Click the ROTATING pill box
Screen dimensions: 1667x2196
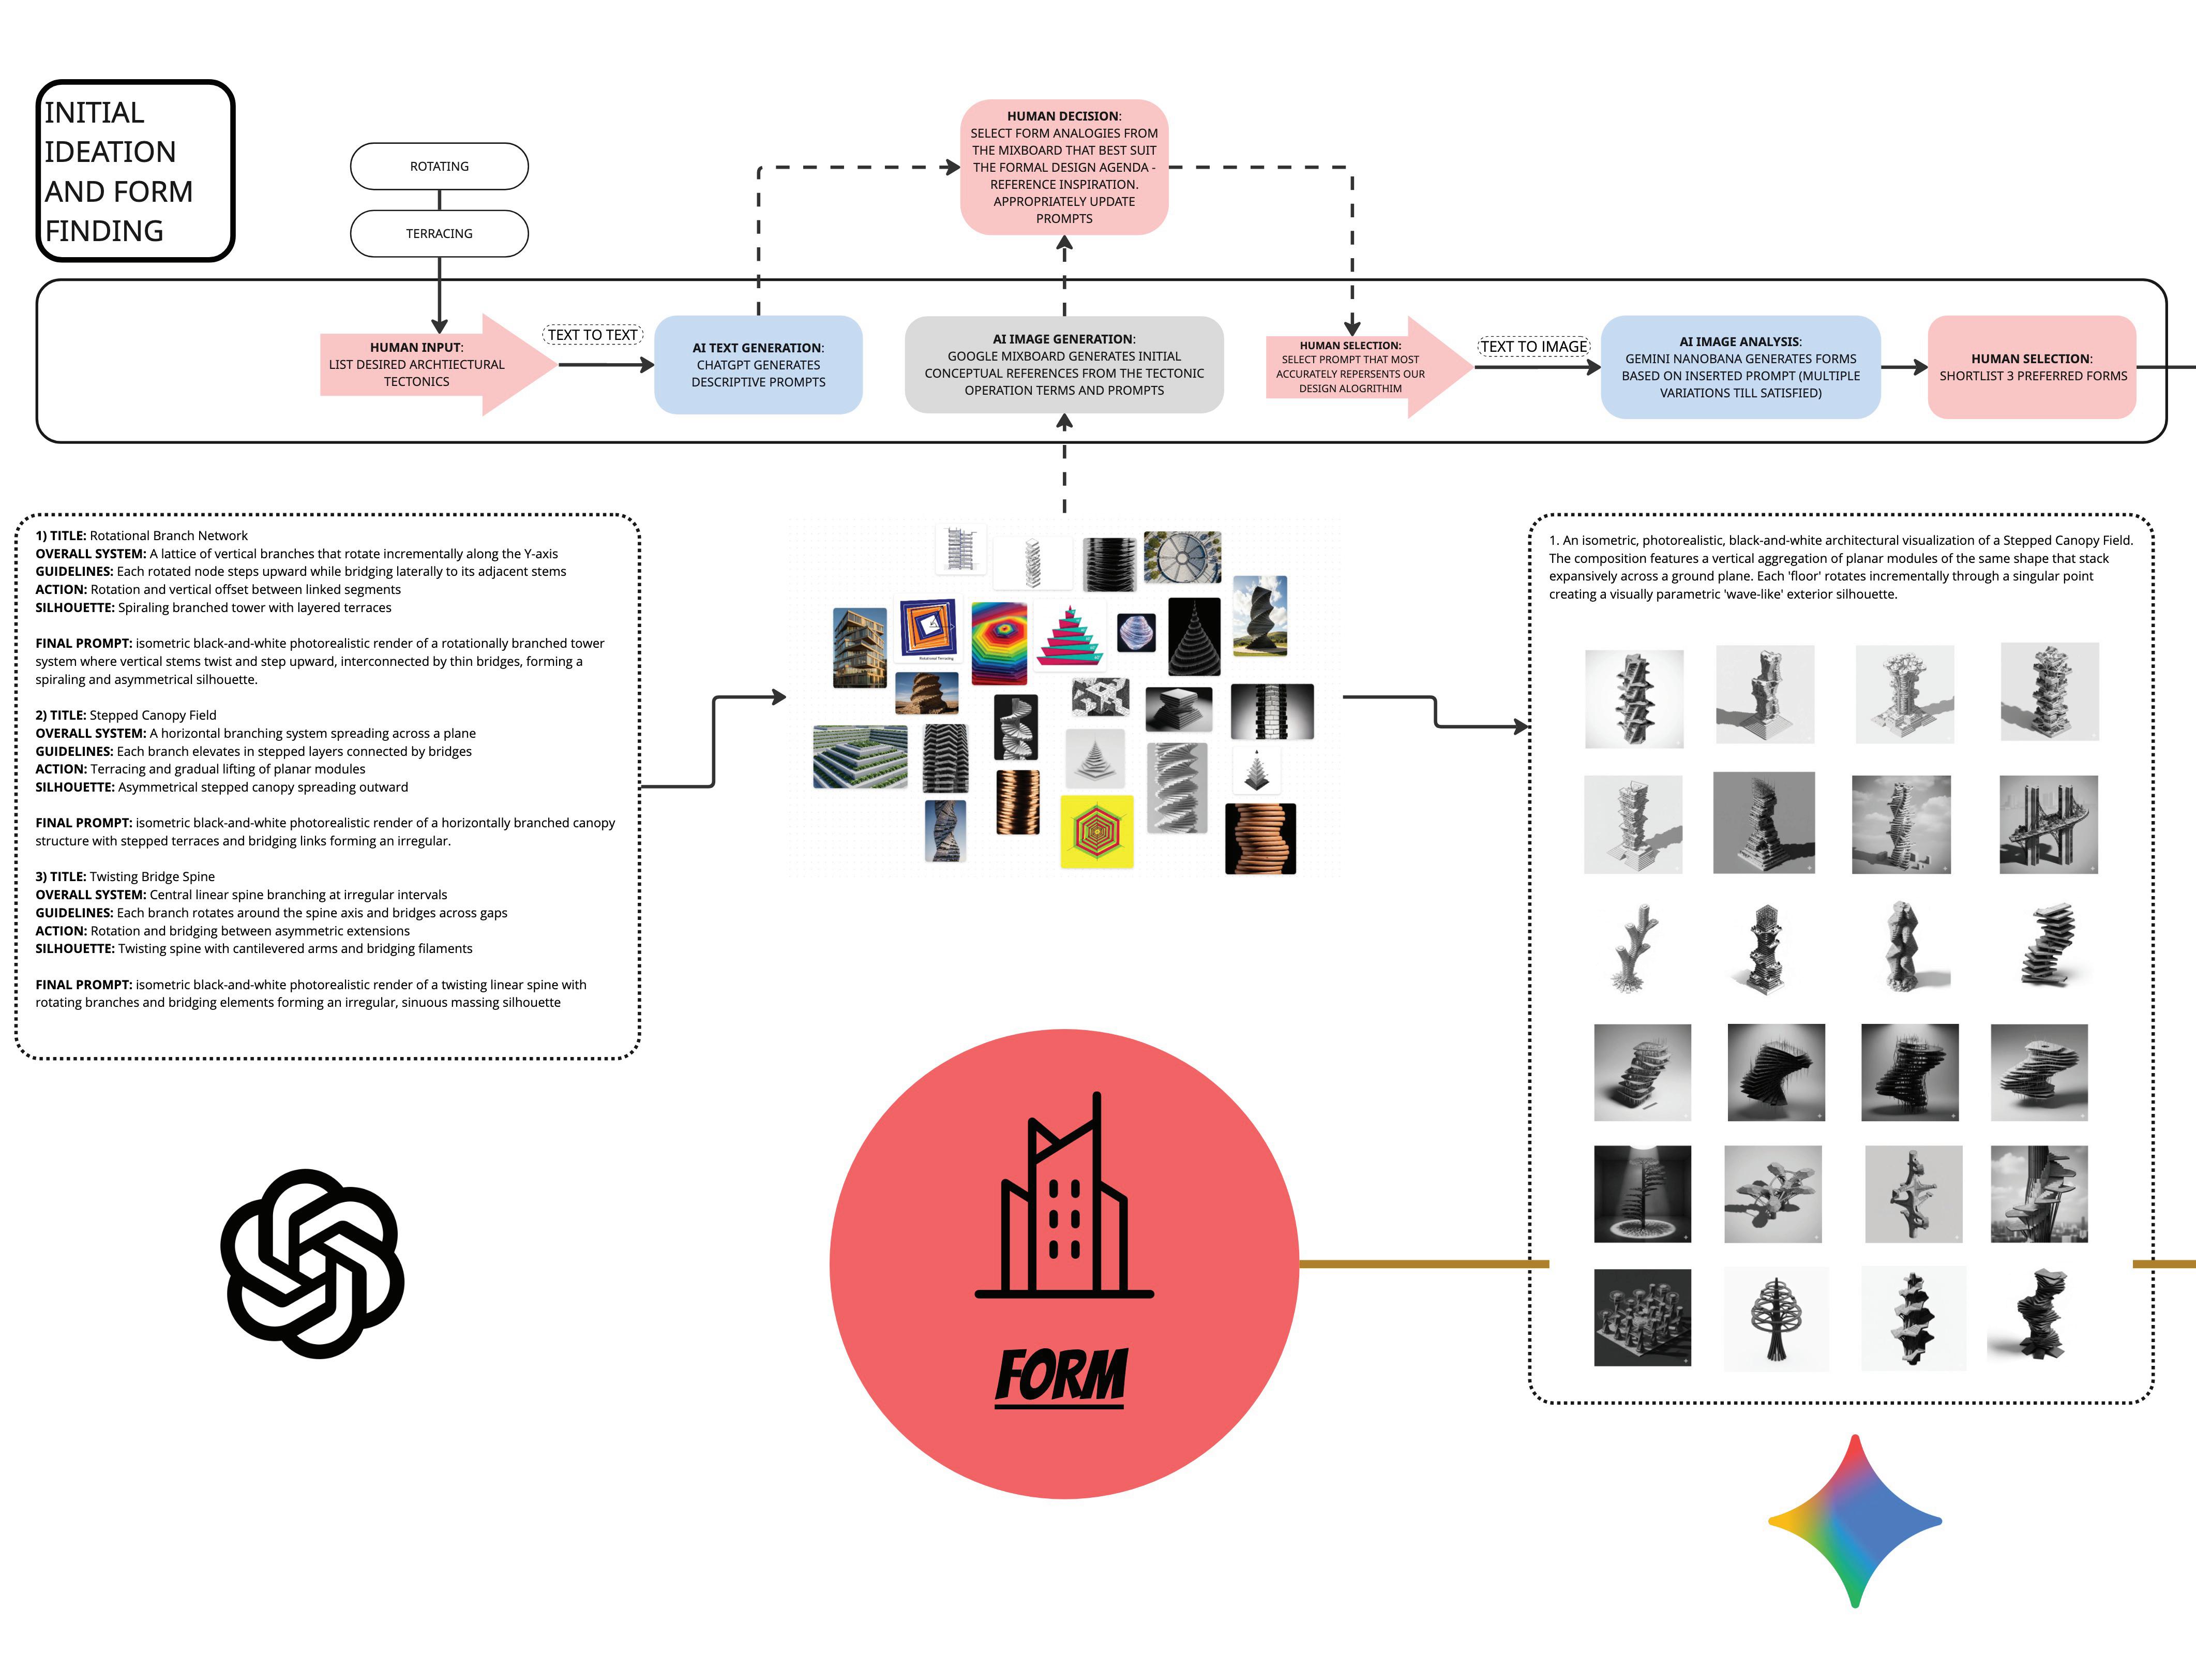(x=439, y=166)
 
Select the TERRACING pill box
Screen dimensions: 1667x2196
(x=439, y=233)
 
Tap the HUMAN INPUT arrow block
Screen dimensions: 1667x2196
(x=417, y=364)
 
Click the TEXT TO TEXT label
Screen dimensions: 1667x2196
(x=593, y=335)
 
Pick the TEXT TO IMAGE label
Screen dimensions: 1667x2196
(x=1534, y=347)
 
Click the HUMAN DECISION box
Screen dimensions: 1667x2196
(x=1063, y=167)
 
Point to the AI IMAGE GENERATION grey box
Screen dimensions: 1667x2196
(x=1063, y=364)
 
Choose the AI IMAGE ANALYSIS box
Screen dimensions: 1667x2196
(x=1740, y=367)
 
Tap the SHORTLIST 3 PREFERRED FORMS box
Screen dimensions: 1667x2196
(x=2032, y=367)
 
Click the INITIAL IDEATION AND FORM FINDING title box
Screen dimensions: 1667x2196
(x=135, y=171)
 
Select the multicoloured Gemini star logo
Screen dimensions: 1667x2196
(x=1855, y=1520)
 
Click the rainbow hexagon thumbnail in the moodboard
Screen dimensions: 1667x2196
(x=999, y=643)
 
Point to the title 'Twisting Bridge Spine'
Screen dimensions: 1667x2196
(x=152, y=876)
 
